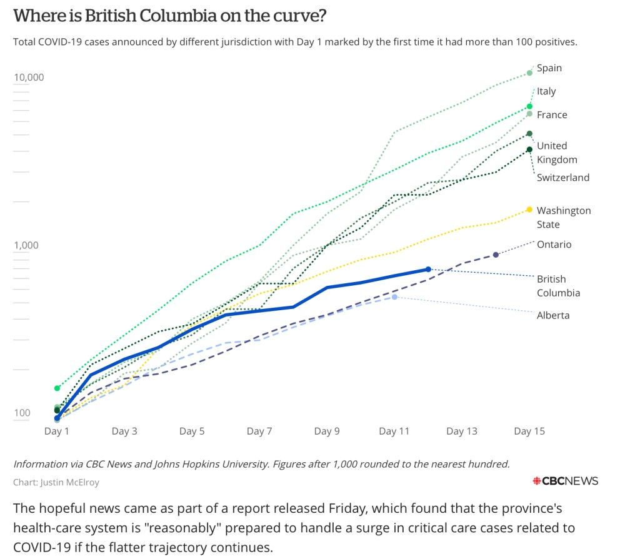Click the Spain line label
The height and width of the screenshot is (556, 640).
point(549,68)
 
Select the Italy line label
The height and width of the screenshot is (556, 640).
point(546,91)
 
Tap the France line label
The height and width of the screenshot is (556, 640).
point(552,114)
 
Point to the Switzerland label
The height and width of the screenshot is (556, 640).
point(562,178)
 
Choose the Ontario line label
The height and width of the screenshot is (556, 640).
point(554,245)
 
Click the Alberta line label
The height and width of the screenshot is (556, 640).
point(553,315)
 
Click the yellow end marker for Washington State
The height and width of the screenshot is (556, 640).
point(529,210)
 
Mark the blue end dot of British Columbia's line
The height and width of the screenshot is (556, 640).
point(428,269)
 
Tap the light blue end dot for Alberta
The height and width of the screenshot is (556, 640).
point(394,296)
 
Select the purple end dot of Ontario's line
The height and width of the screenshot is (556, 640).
point(496,255)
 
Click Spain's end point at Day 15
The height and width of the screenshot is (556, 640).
point(529,73)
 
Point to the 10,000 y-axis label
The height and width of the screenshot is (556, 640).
point(29,78)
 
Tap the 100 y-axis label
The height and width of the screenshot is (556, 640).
point(22,413)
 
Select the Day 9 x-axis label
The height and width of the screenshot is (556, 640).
point(327,431)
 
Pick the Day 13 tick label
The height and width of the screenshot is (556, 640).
point(462,431)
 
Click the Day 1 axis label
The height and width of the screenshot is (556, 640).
point(57,431)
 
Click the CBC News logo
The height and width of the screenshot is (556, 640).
point(564,481)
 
